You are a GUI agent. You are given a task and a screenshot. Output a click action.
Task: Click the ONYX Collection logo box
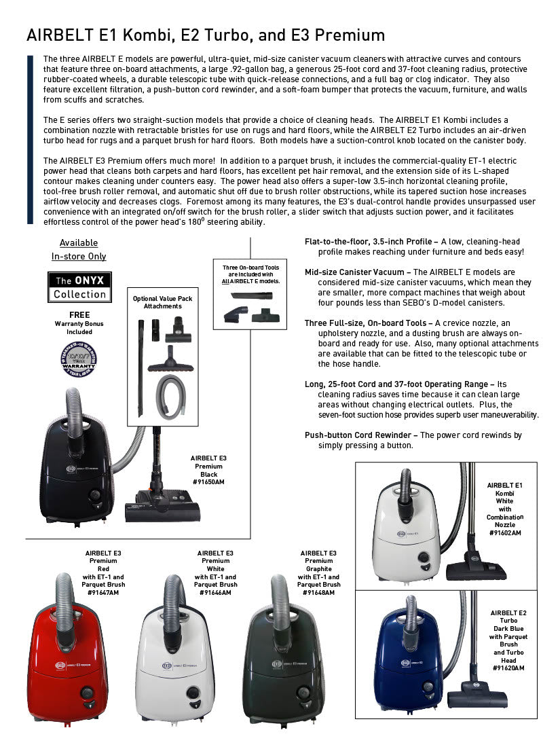(79, 287)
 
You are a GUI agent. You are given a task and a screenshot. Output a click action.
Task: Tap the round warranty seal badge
(79, 359)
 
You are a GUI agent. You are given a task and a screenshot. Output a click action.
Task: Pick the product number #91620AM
(508, 668)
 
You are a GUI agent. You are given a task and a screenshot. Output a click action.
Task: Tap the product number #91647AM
(103, 592)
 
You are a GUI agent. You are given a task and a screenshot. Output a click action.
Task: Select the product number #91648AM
(318, 592)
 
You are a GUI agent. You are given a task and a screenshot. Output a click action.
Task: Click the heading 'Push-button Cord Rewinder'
(360, 435)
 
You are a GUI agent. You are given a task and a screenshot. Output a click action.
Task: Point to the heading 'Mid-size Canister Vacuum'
(357, 272)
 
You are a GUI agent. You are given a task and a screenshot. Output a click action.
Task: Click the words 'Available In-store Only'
(79, 249)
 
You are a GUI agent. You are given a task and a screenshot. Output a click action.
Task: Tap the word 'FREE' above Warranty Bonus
(79, 315)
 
